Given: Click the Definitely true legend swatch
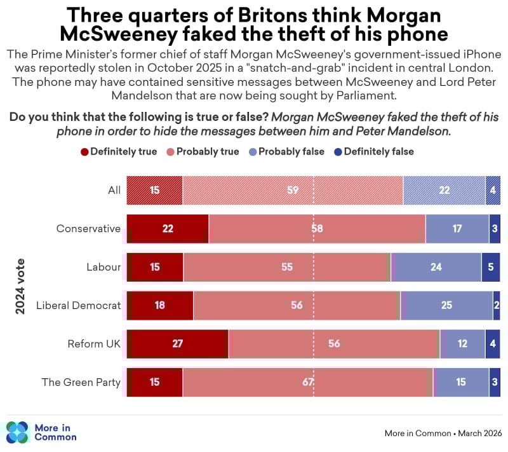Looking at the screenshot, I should pos(84,151).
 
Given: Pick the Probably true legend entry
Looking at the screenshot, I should pos(203,151).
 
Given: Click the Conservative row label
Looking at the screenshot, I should pos(88,229).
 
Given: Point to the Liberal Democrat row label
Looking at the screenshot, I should pos(78,305).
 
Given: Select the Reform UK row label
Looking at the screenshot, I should pos(94,344).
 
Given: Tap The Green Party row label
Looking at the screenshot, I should pos(81,382).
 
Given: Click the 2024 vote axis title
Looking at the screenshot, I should pos(20,286).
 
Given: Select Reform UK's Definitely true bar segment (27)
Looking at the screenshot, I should pos(177,344).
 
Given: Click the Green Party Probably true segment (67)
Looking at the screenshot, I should pos(308,382).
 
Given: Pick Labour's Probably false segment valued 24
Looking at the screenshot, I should pos(436,267).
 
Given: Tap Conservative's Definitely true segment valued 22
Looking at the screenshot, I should pos(168,229).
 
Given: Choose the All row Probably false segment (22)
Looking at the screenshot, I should pos(444,190).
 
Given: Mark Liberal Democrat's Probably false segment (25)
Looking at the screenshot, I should pos(446,305).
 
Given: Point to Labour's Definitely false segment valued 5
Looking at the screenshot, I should pos(491,267).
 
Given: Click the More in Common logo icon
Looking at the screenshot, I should pos(17,432).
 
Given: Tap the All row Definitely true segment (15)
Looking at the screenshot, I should pos(154,190).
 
